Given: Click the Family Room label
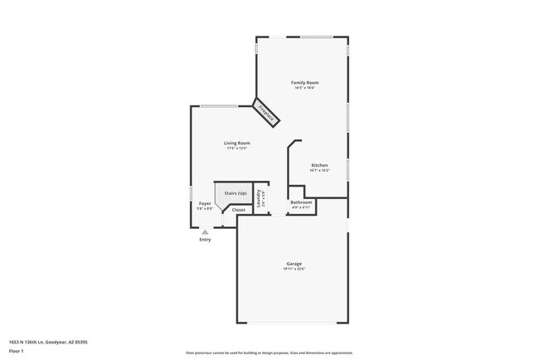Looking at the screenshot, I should coord(305,83).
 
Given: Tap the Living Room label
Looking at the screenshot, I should coord(237,143).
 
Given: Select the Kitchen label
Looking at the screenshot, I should coord(319,165).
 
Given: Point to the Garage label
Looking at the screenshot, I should coord(294,264).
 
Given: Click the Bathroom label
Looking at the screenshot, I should coord(301,202).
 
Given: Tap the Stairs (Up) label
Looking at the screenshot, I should coord(236,193).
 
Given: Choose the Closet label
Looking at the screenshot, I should coord(239,210).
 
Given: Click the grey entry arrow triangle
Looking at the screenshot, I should coord(205,232).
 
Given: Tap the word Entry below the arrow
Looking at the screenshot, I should coord(205,240).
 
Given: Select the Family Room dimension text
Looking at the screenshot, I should coord(305,88).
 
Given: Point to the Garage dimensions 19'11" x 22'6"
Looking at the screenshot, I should coord(294,269).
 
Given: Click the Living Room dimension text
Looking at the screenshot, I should coord(237,148).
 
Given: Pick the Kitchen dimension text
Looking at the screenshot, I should coord(319,170).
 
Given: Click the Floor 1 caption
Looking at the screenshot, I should coord(17,351).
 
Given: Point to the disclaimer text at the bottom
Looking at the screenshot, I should coord(269,353).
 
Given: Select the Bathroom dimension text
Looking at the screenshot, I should coord(301,207).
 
